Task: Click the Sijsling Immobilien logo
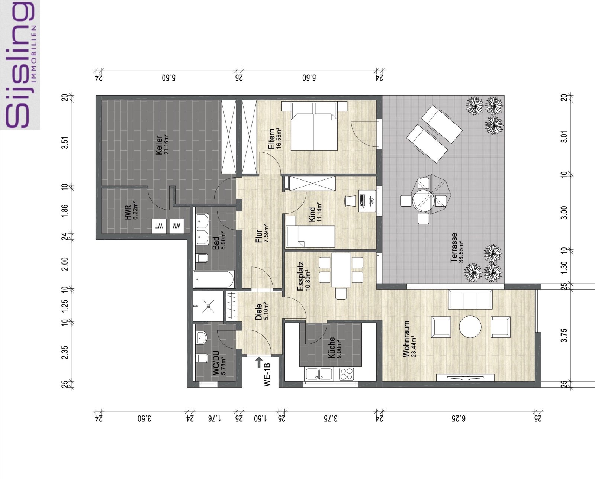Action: pyautogui.click(x=20, y=65)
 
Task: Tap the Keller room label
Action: pyautogui.click(x=161, y=145)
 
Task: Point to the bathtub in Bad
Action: pyautogui.click(x=214, y=279)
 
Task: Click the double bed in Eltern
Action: pyautogui.click(x=315, y=126)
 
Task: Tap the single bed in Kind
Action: pyautogui.click(x=311, y=236)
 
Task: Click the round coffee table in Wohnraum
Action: pyautogui.click(x=470, y=327)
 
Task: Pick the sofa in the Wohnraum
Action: pyautogui.click(x=470, y=300)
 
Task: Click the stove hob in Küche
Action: pyautogui.click(x=347, y=373)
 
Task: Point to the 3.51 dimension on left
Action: pyautogui.click(x=66, y=142)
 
